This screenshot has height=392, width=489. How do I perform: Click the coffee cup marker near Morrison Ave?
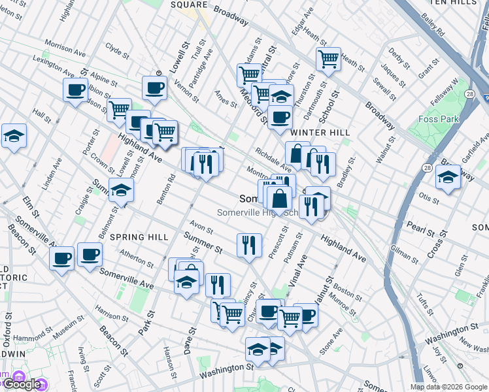[75, 90]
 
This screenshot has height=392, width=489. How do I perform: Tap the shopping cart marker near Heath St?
[328, 59]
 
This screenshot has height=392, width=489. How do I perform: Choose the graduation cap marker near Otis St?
[448, 177]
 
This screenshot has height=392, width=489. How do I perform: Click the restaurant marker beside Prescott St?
[249, 246]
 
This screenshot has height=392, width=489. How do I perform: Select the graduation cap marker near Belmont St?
[121, 190]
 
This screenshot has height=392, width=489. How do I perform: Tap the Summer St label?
[202, 243]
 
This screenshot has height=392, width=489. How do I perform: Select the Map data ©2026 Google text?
[448, 387]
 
